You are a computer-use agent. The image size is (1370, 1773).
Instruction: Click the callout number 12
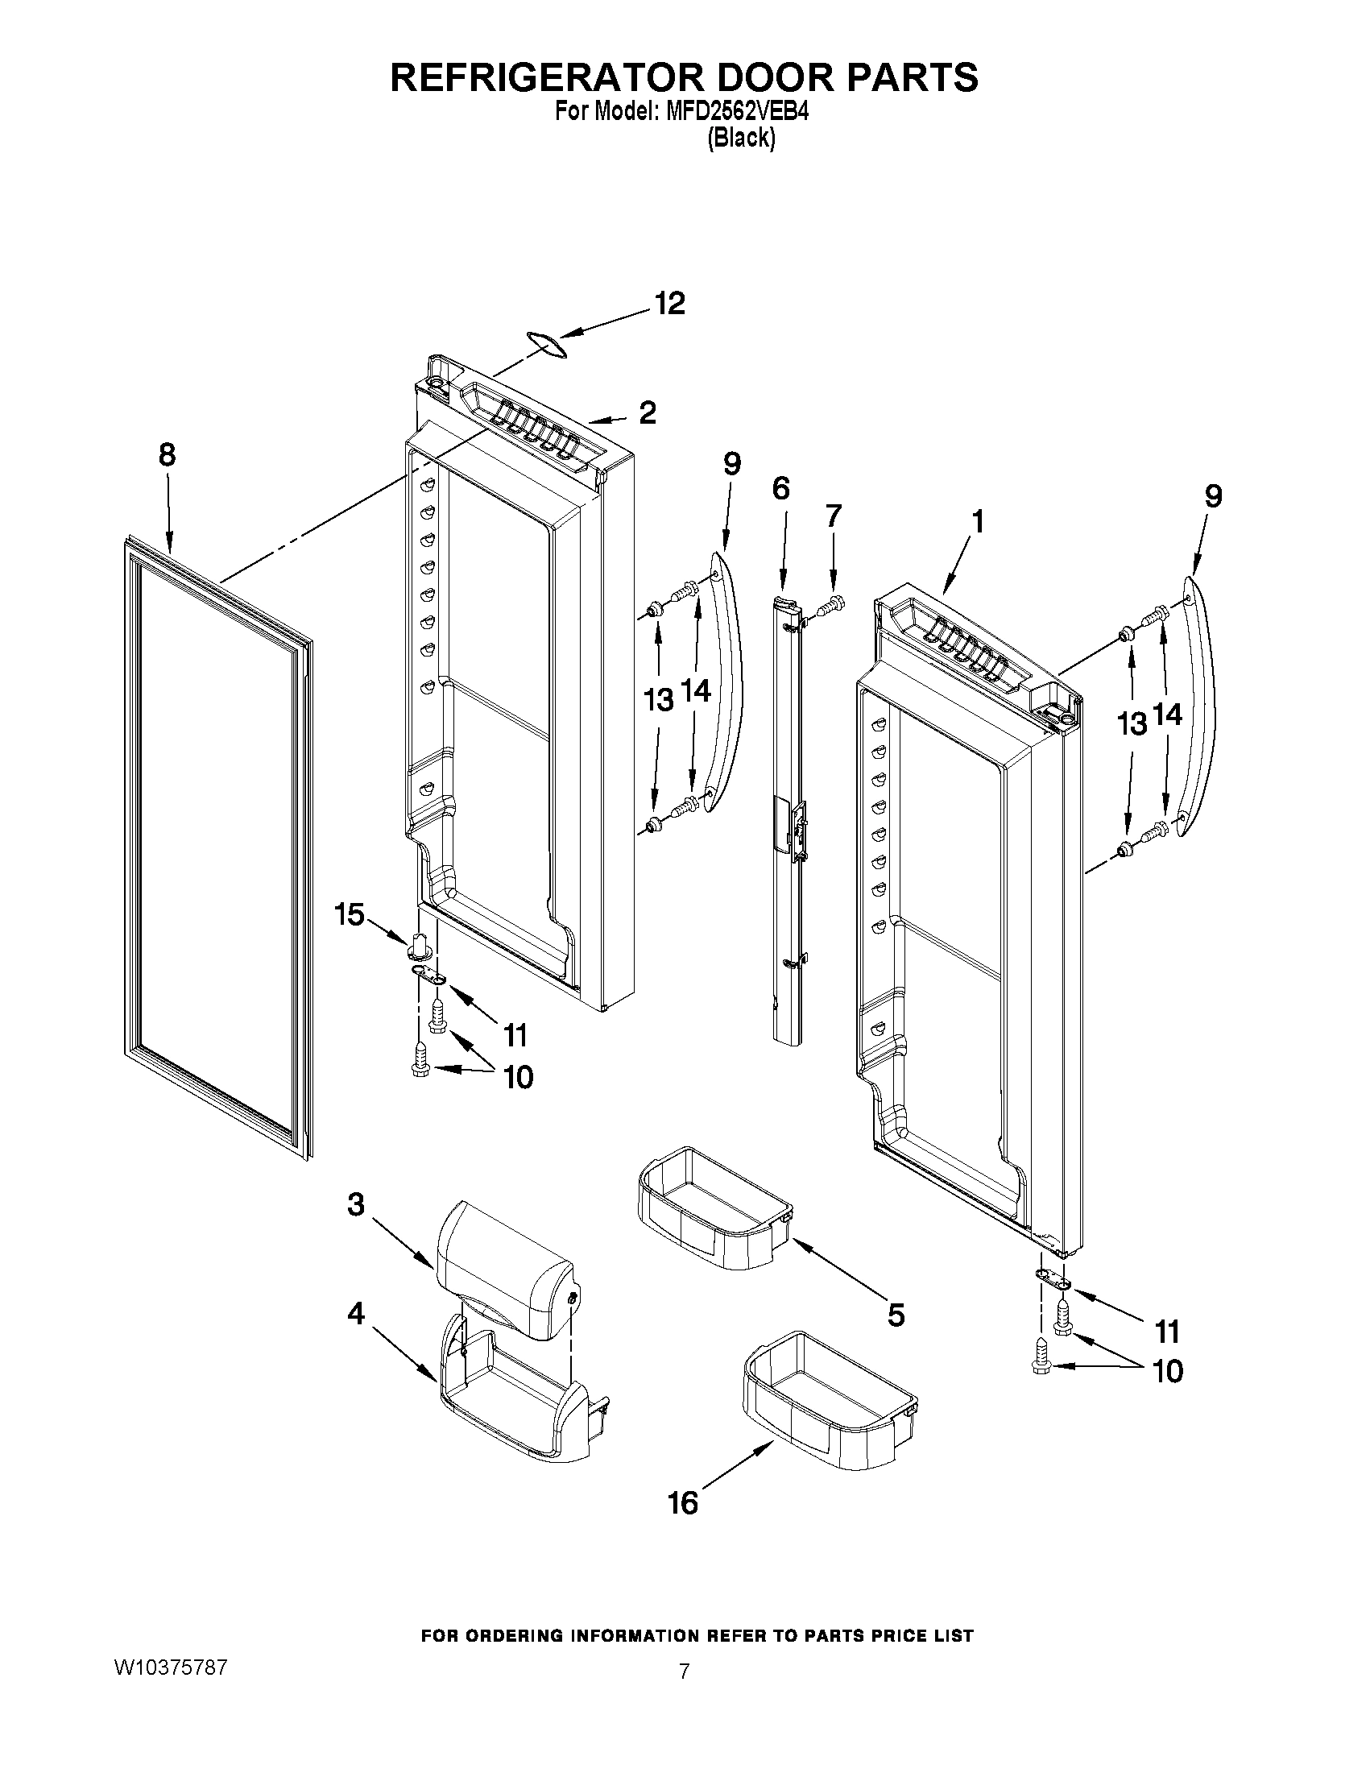pyautogui.click(x=670, y=304)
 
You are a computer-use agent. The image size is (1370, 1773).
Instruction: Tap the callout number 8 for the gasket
pyautogui.click(x=167, y=454)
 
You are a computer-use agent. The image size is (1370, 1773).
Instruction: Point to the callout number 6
pyautogui.click(x=780, y=489)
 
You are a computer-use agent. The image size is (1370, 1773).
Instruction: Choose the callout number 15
pyautogui.click(x=350, y=915)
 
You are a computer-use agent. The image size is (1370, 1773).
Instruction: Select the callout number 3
pyautogui.click(x=356, y=1205)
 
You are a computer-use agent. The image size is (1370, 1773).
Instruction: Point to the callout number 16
pyautogui.click(x=682, y=1502)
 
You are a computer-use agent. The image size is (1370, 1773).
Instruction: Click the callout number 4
pyautogui.click(x=356, y=1313)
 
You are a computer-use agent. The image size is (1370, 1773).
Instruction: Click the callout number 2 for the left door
pyautogui.click(x=647, y=413)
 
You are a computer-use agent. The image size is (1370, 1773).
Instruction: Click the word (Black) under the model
pyautogui.click(x=741, y=138)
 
